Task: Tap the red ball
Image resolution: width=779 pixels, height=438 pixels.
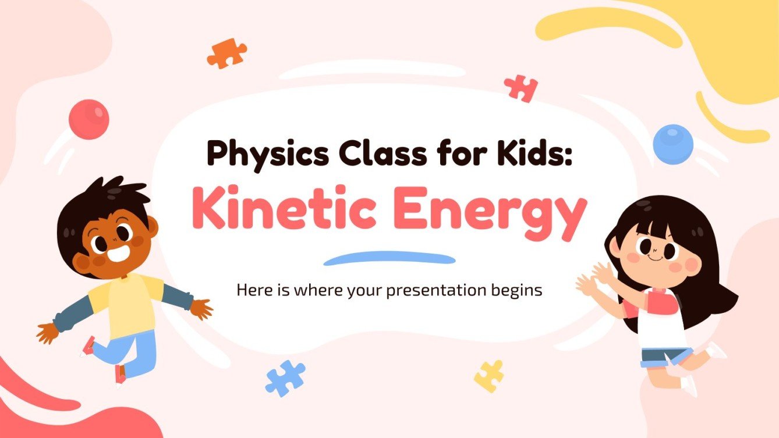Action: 88,119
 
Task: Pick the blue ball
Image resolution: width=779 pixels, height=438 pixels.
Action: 673,144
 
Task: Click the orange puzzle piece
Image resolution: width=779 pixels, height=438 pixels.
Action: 226,54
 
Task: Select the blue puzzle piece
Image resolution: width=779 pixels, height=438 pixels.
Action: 285,378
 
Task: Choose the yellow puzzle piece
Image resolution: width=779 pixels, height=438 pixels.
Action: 489,375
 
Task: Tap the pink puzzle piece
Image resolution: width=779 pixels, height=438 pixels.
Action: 521,88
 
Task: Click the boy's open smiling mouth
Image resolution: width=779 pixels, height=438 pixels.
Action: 118,254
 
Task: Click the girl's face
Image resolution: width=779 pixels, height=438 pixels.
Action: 656,252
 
